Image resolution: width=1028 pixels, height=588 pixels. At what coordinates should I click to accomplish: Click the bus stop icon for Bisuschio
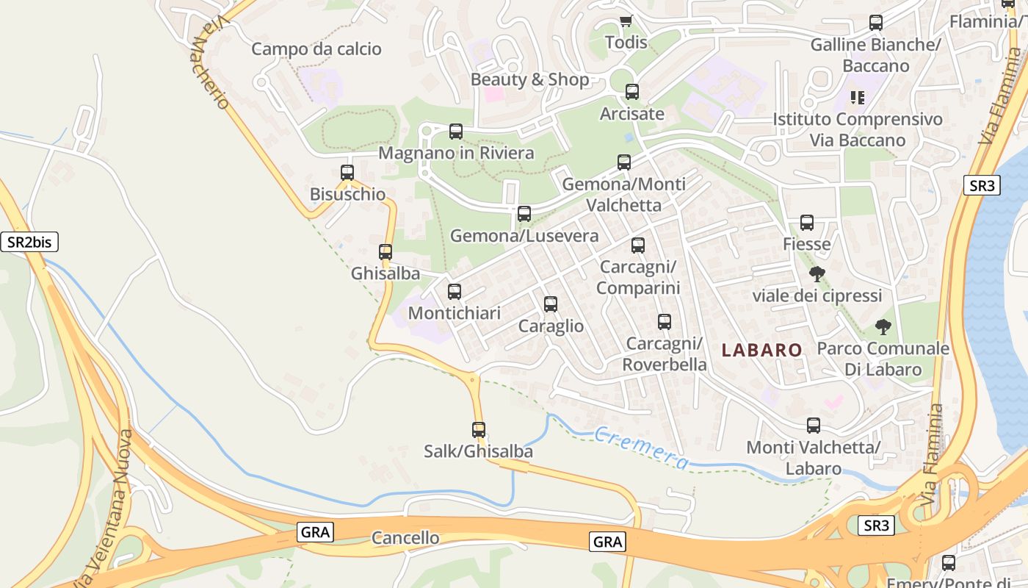(x=347, y=173)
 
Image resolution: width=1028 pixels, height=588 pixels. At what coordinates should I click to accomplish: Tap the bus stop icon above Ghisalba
(x=385, y=252)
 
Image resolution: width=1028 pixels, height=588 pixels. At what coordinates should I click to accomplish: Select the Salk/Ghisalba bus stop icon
(x=479, y=430)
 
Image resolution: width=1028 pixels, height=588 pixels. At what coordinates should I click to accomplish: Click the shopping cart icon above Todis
(x=626, y=21)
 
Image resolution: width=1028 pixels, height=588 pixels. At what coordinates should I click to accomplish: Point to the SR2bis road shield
(x=29, y=241)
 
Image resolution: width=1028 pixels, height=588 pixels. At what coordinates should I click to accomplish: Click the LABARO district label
(x=761, y=350)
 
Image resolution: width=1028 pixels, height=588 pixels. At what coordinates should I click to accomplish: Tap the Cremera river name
(x=642, y=448)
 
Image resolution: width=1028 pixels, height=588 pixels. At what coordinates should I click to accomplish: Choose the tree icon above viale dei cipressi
(x=817, y=274)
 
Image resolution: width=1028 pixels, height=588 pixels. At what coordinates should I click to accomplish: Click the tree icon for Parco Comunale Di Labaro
(x=883, y=327)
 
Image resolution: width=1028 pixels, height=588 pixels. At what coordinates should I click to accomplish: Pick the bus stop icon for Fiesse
(x=807, y=223)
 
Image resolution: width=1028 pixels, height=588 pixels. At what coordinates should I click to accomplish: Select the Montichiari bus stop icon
(x=455, y=292)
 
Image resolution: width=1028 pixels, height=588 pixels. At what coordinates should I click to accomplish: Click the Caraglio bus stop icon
(x=551, y=304)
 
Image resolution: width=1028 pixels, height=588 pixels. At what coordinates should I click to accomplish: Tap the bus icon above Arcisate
(x=632, y=92)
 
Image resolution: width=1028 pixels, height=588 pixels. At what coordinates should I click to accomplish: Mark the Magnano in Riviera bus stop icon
(x=456, y=132)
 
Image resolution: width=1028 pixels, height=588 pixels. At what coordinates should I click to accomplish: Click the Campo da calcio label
(x=316, y=49)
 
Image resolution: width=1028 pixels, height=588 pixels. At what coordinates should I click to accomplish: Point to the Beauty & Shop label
(x=529, y=79)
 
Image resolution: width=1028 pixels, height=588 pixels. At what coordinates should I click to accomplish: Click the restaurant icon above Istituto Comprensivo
(x=857, y=97)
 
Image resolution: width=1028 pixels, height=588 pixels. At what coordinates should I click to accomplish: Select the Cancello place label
(x=405, y=538)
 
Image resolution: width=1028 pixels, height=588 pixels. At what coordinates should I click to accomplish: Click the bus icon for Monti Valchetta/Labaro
(x=814, y=426)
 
